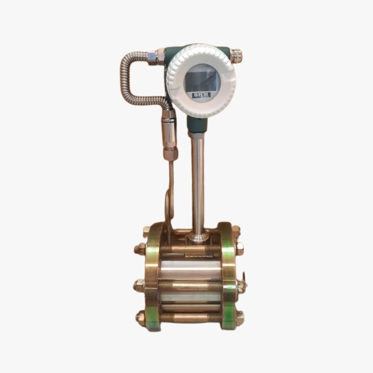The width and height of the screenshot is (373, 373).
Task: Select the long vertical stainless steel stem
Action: [198, 180]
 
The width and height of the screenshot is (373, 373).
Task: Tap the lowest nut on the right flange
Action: [239, 316]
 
